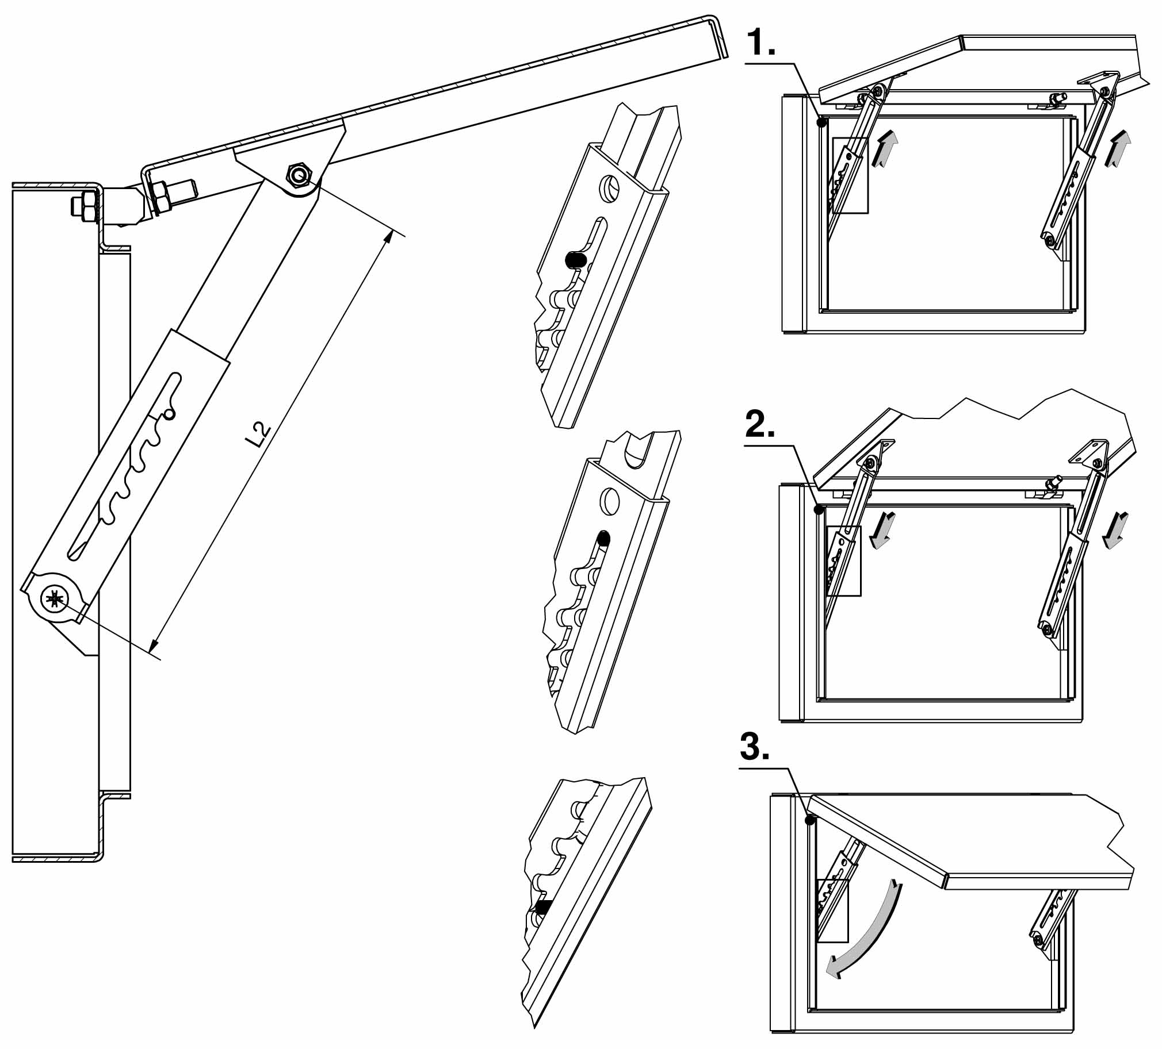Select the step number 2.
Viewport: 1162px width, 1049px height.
[x=760, y=425]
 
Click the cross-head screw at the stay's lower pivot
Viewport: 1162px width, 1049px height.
[x=55, y=600]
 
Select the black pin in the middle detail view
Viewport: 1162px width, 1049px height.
[x=603, y=539]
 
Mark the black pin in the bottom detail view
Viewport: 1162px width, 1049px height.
[x=542, y=906]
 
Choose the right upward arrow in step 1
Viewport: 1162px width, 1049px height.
[x=1118, y=149]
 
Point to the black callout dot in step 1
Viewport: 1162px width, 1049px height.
[x=823, y=122]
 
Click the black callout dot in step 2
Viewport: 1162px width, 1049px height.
[x=819, y=510]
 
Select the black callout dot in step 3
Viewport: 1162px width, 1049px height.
[x=811, y=820]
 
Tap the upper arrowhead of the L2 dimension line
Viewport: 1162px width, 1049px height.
[x=389, y=236]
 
